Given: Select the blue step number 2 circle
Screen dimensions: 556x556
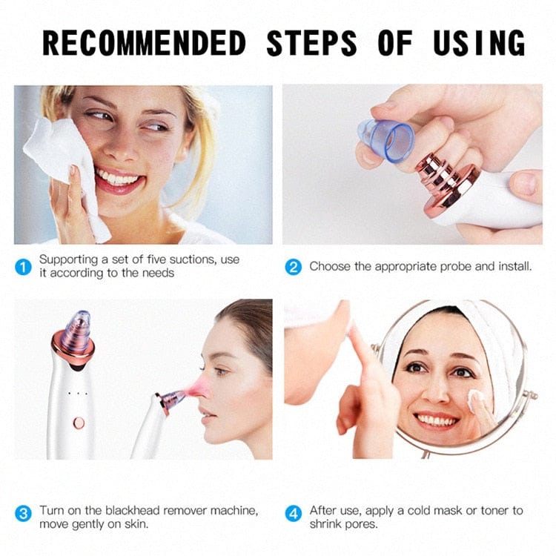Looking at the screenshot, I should (294, 267).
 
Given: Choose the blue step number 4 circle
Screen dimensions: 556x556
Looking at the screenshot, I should (294, 512).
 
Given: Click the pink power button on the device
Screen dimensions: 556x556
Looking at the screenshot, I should (79, 423).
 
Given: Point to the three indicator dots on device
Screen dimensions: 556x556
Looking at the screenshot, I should (77, 393).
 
